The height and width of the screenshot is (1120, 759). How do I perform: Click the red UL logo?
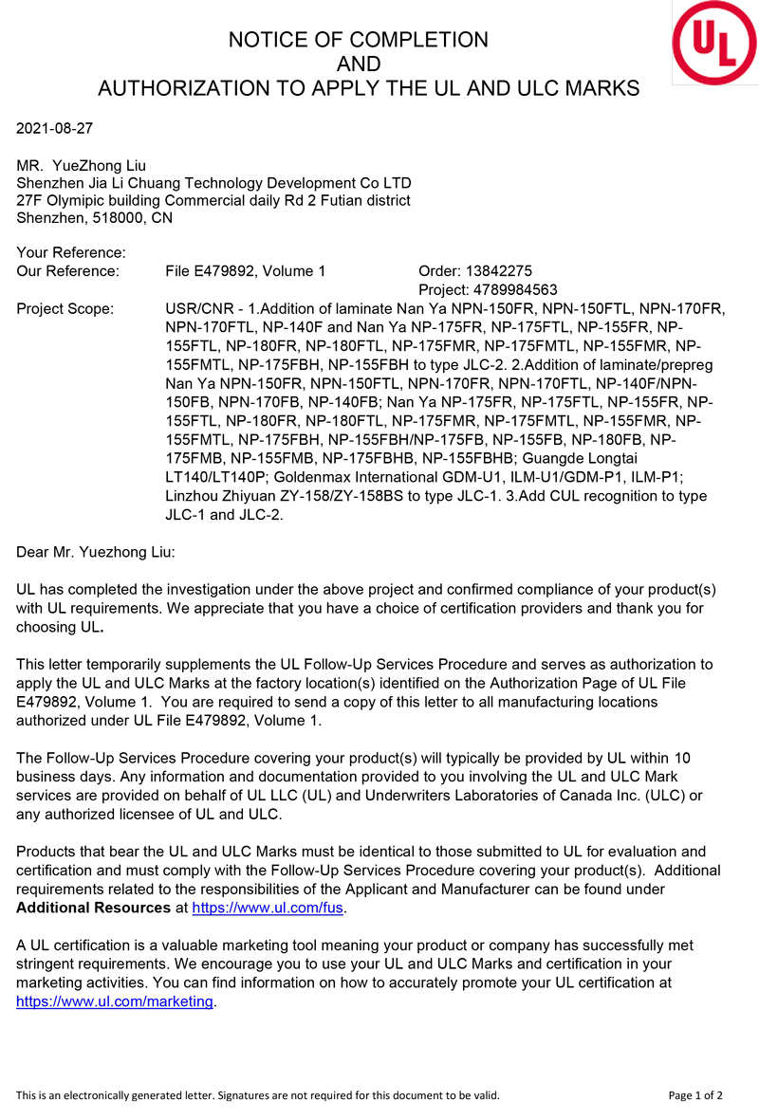714,42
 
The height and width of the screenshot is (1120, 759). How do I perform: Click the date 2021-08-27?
55,127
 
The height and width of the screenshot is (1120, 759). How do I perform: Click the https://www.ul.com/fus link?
268,908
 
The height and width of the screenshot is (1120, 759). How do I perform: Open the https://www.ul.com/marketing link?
116,1001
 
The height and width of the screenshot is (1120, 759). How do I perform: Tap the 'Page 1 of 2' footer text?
695,1095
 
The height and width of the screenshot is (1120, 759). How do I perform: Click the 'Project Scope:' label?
65,309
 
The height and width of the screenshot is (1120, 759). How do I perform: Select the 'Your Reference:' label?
71,253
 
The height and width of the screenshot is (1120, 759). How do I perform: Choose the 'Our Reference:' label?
68,271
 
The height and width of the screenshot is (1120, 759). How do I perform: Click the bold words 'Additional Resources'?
94,908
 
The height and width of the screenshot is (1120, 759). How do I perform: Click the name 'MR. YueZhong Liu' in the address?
82,166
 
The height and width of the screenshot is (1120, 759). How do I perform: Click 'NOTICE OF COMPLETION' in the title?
359,40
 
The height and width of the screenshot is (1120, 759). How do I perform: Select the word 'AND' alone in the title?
359,64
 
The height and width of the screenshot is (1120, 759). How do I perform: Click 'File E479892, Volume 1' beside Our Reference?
245,271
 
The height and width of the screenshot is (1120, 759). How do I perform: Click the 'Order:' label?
439,271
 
